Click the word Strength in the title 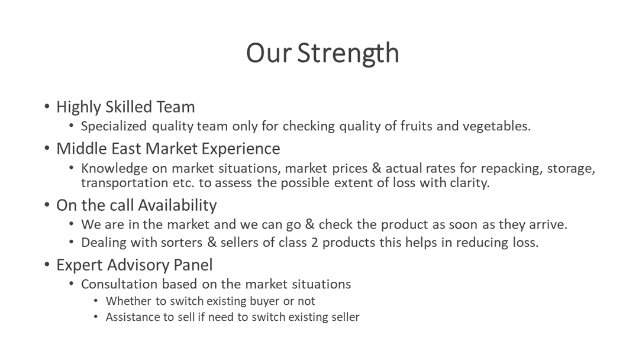(x=348, y=53)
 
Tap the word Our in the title (x=269, y=53)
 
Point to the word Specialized (x=114, y=126)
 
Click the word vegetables (x=496, y=126)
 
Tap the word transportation (x=125, y=182)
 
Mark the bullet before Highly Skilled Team (x=47, y=107)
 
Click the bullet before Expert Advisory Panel (x=47, y=265)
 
